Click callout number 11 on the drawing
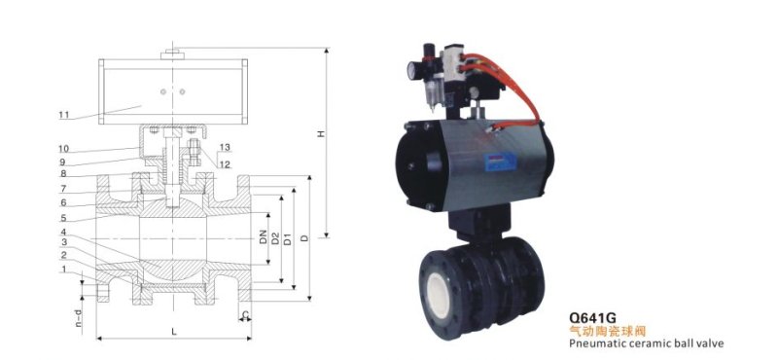coord(64,115)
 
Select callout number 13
coord(225,147)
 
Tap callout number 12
coord(225,164)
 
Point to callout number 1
coord(63,269)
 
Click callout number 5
coord(63,218)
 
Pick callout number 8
coord(63,174)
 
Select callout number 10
coord(63,149)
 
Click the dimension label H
coord(321,133)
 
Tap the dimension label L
coord(174,332)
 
